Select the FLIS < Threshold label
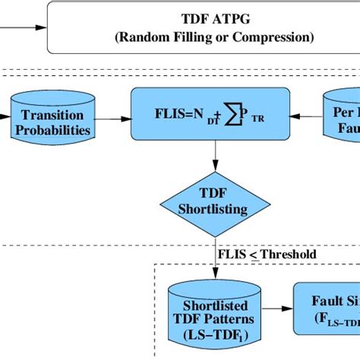[267, 254]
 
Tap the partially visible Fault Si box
[327, 308]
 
